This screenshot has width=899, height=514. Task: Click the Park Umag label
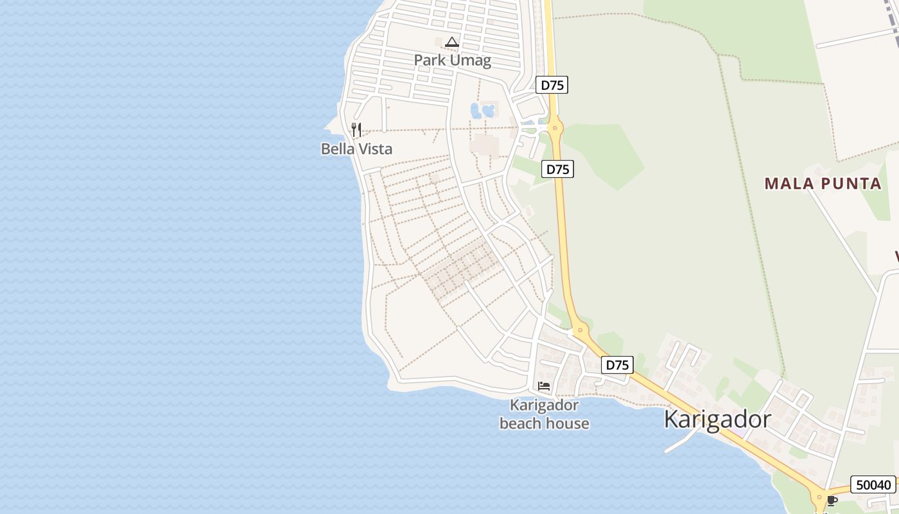452,61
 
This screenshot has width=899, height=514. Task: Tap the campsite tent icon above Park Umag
452,42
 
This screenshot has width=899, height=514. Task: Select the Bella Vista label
356,149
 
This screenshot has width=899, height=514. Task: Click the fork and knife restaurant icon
356,130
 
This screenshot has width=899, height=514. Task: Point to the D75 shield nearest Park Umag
552,85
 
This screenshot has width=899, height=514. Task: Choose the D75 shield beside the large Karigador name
618,365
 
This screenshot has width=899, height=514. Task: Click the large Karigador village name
717,420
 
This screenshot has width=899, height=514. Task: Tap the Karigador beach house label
544,414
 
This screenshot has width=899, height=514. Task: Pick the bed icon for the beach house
544,386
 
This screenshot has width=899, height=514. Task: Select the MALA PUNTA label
823,184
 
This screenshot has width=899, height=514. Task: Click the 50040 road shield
873,484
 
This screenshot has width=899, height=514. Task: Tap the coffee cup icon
832,501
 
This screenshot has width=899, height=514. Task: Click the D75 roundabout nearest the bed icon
580,332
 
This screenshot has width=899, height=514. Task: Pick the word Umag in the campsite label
471,61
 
